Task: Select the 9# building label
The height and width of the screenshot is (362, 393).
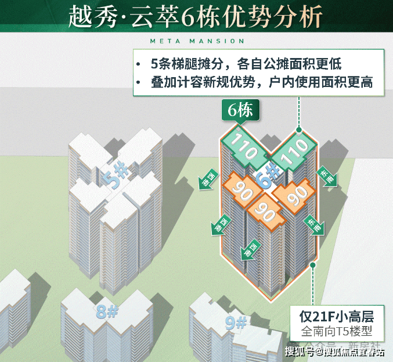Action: point(235,322)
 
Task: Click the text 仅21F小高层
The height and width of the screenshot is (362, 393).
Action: point(337,317)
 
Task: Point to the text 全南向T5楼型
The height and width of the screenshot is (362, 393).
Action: point(337,333)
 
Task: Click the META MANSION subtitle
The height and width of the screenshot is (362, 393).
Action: point(197,41)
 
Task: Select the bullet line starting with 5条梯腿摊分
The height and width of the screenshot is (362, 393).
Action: point(253,64)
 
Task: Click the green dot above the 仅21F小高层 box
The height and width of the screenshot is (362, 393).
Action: point(313,265)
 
